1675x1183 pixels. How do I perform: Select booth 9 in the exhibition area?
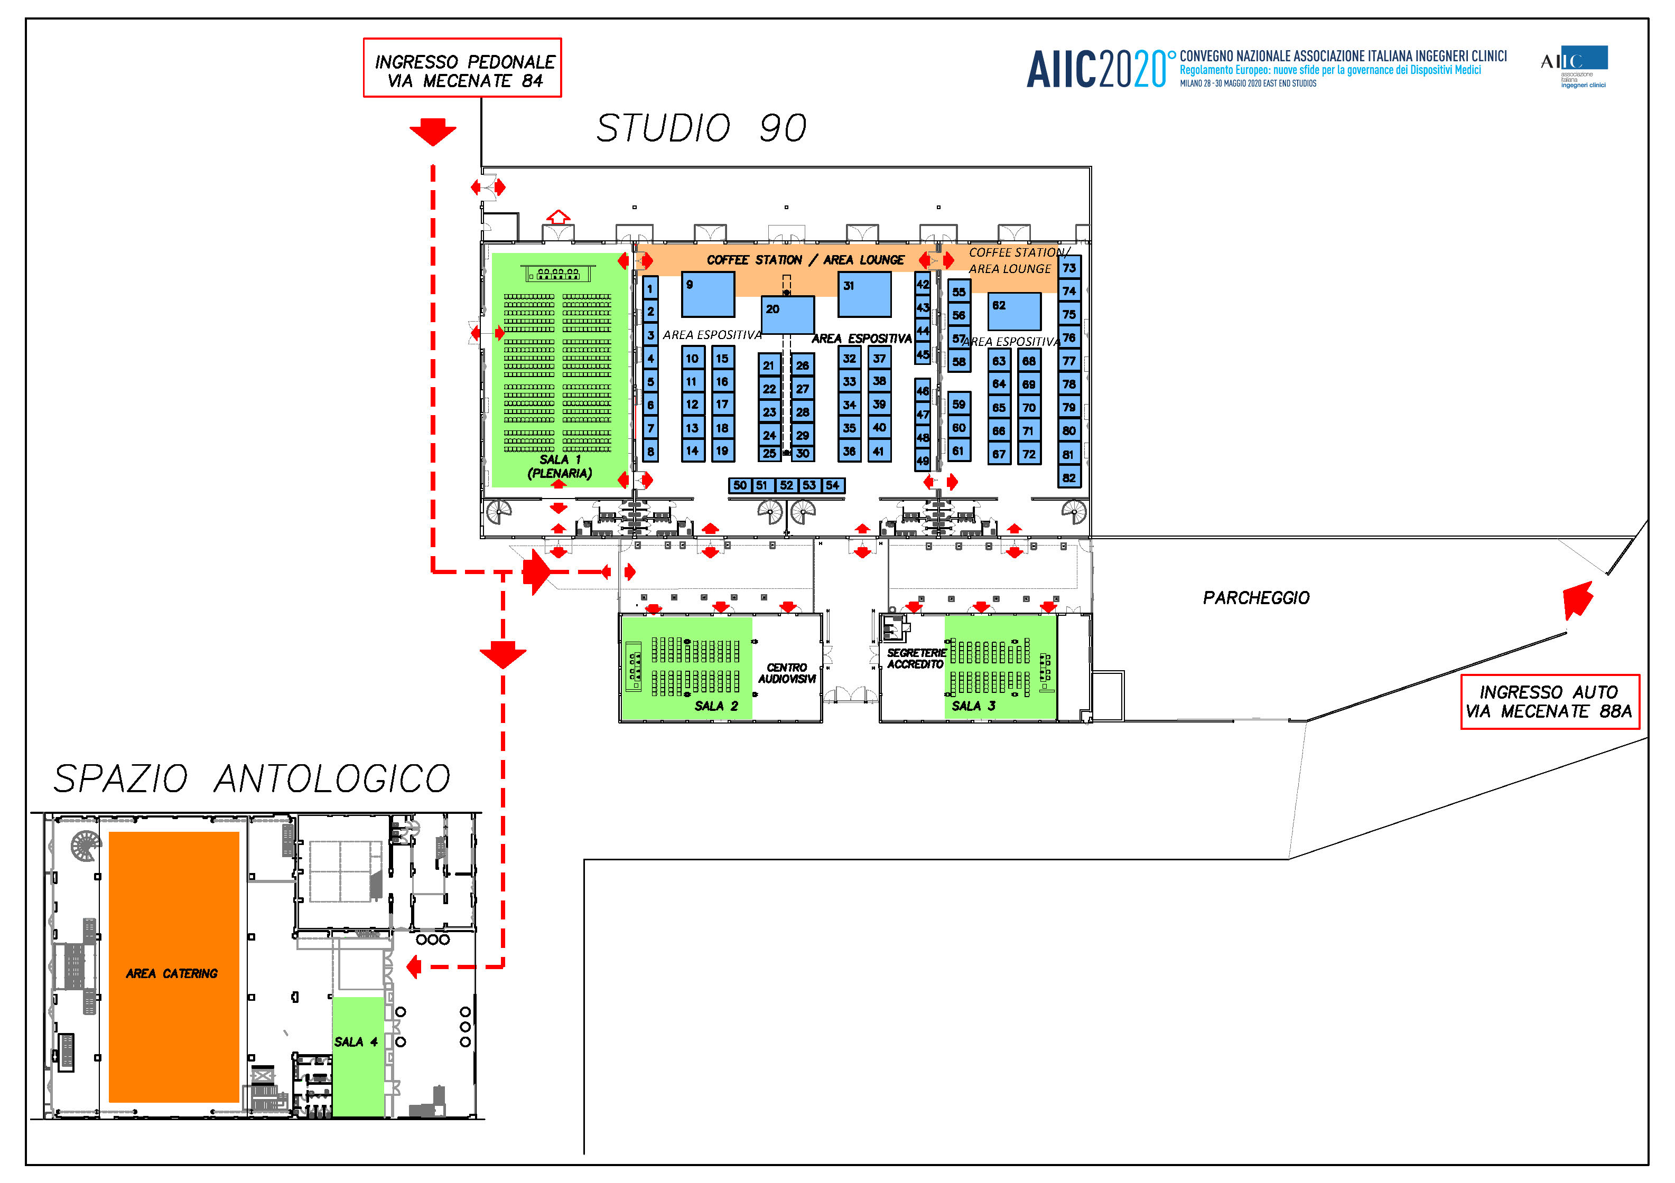click(708, 295)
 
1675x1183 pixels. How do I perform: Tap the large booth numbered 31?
click(864, 295)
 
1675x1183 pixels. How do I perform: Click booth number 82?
click(1069, 478)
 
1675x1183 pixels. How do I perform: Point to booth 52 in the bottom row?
click(786, 485)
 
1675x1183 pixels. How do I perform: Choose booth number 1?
click(650, 288)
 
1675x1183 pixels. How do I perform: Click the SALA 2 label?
click(715, 706)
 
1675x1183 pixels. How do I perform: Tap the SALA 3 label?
click(973, 706)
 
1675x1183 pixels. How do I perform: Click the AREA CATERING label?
click(172, 974)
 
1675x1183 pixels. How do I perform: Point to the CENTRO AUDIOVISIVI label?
click(786, 673)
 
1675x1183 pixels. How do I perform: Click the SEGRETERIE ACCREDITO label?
click(916, 659)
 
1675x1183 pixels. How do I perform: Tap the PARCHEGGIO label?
click(1257, 598)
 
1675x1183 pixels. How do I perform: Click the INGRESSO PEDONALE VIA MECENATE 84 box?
click(462, 68)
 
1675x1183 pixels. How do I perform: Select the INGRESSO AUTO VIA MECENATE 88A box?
click(1550, 702)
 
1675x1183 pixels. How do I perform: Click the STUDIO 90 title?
click(702, 128)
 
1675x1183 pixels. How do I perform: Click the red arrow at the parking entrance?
click(1577, 599)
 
